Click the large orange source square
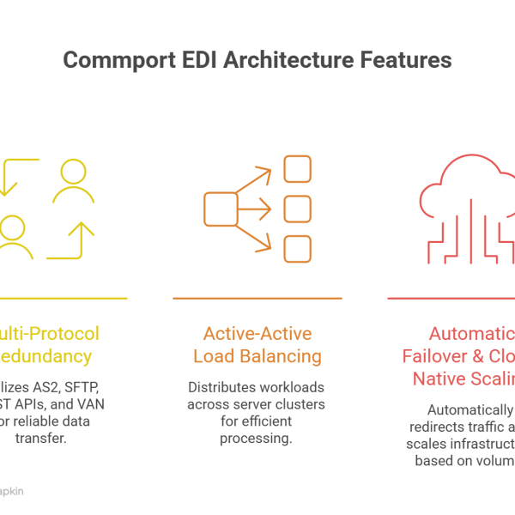[x=221, y=209]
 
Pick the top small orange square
[x=297, y=168]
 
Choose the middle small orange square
[x=297, y=209]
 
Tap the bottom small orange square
[x=297, y=248]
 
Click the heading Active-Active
[x=257, y=333]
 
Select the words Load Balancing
[x=257, y=356]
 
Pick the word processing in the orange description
[x=257, y=439]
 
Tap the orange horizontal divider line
[x=257, y=299]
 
